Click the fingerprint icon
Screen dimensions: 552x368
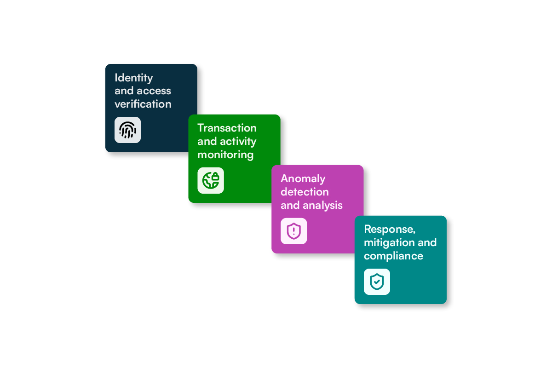click(x=128, y=130)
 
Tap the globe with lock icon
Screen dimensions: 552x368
click(x=211, y=180)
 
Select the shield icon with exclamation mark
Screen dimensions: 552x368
click(x=294, y=231)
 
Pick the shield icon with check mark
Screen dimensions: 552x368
click(x=377, y=282)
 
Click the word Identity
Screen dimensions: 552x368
click(x=133, y=78)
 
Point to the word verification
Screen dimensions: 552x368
click(x=143, y=104)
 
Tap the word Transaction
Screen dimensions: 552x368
click(x=227, y=128)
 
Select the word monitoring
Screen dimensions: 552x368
click(x=225, y=155)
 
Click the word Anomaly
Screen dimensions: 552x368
click(x=303, y=179)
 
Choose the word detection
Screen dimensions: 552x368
click(x=305, y=192)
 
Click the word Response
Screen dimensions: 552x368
click(x=390, y=230)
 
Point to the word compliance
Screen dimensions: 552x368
click(x=394, y=256)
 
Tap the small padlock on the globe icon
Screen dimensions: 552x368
click(x=215, y=177)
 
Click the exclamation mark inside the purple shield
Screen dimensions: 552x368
click(x=294, y=231)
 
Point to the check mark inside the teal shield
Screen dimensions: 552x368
click(x=377, y=282)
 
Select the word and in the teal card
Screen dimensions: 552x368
click(x=427, y=242)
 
